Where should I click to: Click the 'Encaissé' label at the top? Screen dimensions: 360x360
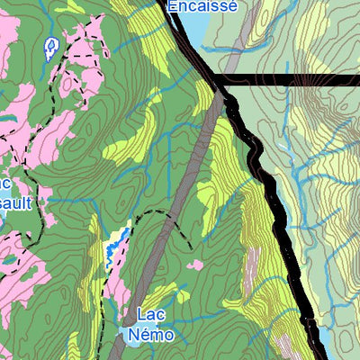point(202,6)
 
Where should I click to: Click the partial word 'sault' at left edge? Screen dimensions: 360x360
point(16,203)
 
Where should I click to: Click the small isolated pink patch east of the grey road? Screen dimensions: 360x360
point(195,265)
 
